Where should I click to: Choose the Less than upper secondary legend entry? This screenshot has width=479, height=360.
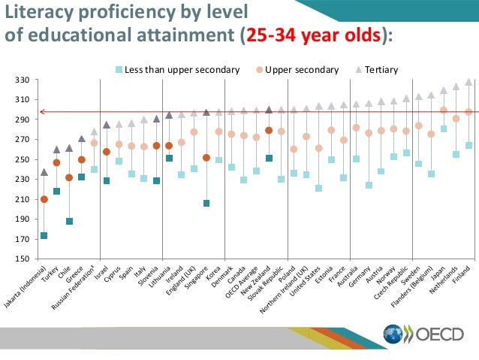[176, 70]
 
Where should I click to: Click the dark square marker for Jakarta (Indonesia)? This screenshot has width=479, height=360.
[44, 236]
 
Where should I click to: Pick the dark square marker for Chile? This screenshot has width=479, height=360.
[69, 222]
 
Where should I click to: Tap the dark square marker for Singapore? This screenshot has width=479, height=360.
[206, 204]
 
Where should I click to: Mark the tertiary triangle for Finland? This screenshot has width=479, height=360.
[468, 82]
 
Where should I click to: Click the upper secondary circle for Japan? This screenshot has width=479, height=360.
[444, 110]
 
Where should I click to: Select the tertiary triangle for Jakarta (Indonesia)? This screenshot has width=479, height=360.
[44, 172]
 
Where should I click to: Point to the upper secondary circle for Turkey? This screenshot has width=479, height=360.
[56, 162]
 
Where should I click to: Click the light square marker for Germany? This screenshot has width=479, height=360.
[369, 185]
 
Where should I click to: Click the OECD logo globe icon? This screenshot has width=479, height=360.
[393, 334]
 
